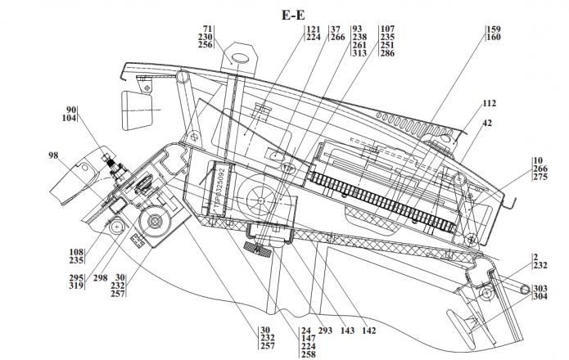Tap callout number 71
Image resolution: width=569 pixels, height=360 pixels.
click(x=207, y=29)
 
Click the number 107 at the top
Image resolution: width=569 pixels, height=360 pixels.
click(x=387, y=29)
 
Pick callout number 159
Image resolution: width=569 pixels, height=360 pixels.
click(x=493, y=29)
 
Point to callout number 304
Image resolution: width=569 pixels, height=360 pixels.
click(x=540, y=297)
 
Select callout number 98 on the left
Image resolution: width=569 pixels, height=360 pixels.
click(x=54, y=155)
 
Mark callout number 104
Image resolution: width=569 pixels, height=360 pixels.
click(x=69, y=119)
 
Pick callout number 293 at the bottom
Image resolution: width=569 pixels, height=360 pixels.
click(x=326, y=331)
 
